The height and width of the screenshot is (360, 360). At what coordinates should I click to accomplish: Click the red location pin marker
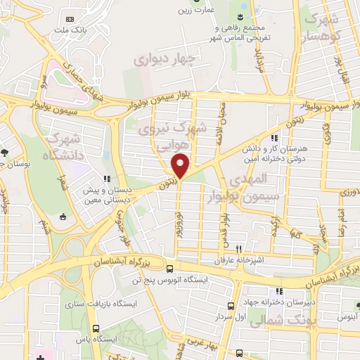pos(181,165)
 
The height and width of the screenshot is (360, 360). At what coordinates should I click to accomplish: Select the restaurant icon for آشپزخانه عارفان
pos(239,249)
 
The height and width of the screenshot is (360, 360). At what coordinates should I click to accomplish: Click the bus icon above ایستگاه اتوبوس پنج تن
pos(169,268)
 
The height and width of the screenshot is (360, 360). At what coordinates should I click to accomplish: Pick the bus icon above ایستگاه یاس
pos(96,327)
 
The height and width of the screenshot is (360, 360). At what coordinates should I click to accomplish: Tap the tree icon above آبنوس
pos(356,306)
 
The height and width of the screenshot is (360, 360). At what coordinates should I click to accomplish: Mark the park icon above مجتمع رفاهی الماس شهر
pos(240,17)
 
